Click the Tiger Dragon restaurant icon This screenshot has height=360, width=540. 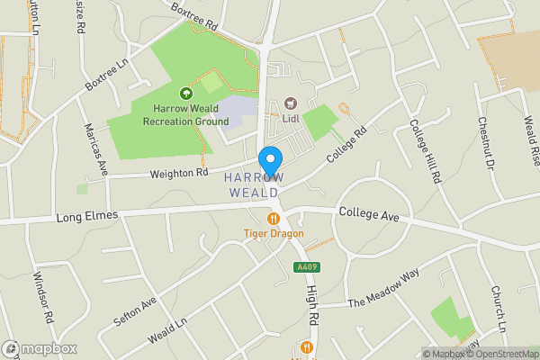(x=273, y=219)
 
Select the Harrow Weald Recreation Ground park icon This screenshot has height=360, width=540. (x=185, y=93)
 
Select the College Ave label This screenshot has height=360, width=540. (x=368, y=213)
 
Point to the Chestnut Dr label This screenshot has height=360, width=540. (x=487, y=144)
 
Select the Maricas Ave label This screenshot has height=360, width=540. (x=95, y=148)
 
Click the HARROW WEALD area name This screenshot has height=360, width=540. (x=255, y=185)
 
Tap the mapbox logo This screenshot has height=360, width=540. (x=40, y=348)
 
